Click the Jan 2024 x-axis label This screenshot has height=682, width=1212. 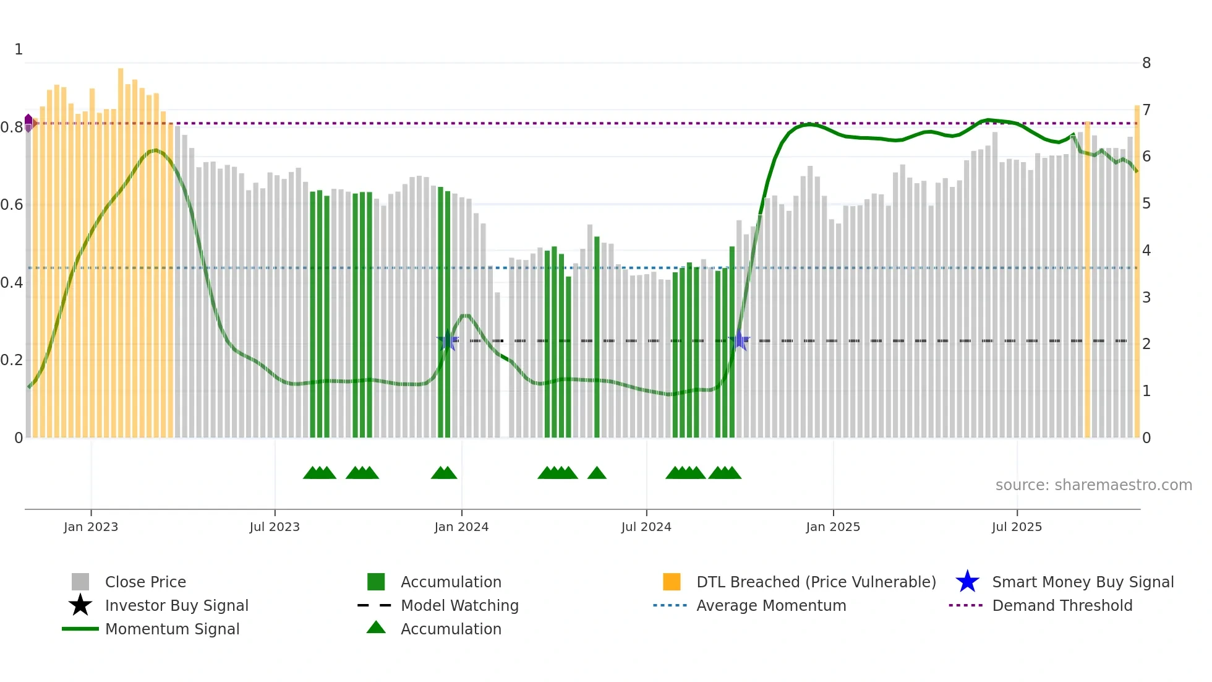tap(461, 527)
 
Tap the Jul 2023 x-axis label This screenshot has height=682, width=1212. tap(275, 527)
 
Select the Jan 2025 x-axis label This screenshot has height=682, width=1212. tap(833, 527)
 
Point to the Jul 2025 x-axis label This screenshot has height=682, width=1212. tap(1017, 527)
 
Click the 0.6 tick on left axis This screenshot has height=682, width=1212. tap(12, 205)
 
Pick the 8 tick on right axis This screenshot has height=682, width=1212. tap(1146, 63)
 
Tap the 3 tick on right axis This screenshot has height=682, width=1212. tap(1146, 298)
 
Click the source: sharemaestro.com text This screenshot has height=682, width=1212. tap(1093, 485)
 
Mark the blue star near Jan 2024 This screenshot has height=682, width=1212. tap(448, 340)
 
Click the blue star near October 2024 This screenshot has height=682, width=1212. tap(739, 340)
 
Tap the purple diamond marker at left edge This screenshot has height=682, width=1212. tap(28, 123)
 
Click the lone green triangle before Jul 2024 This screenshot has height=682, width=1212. tap(597, 473)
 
